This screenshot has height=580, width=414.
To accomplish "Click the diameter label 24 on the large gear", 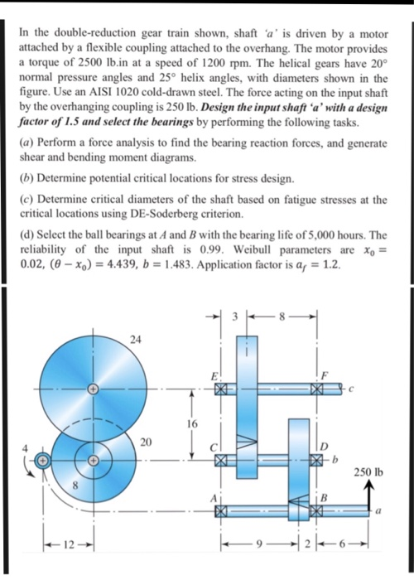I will (x=135, y=338).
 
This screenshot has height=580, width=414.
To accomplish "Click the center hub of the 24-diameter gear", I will (x=93, y=388).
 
